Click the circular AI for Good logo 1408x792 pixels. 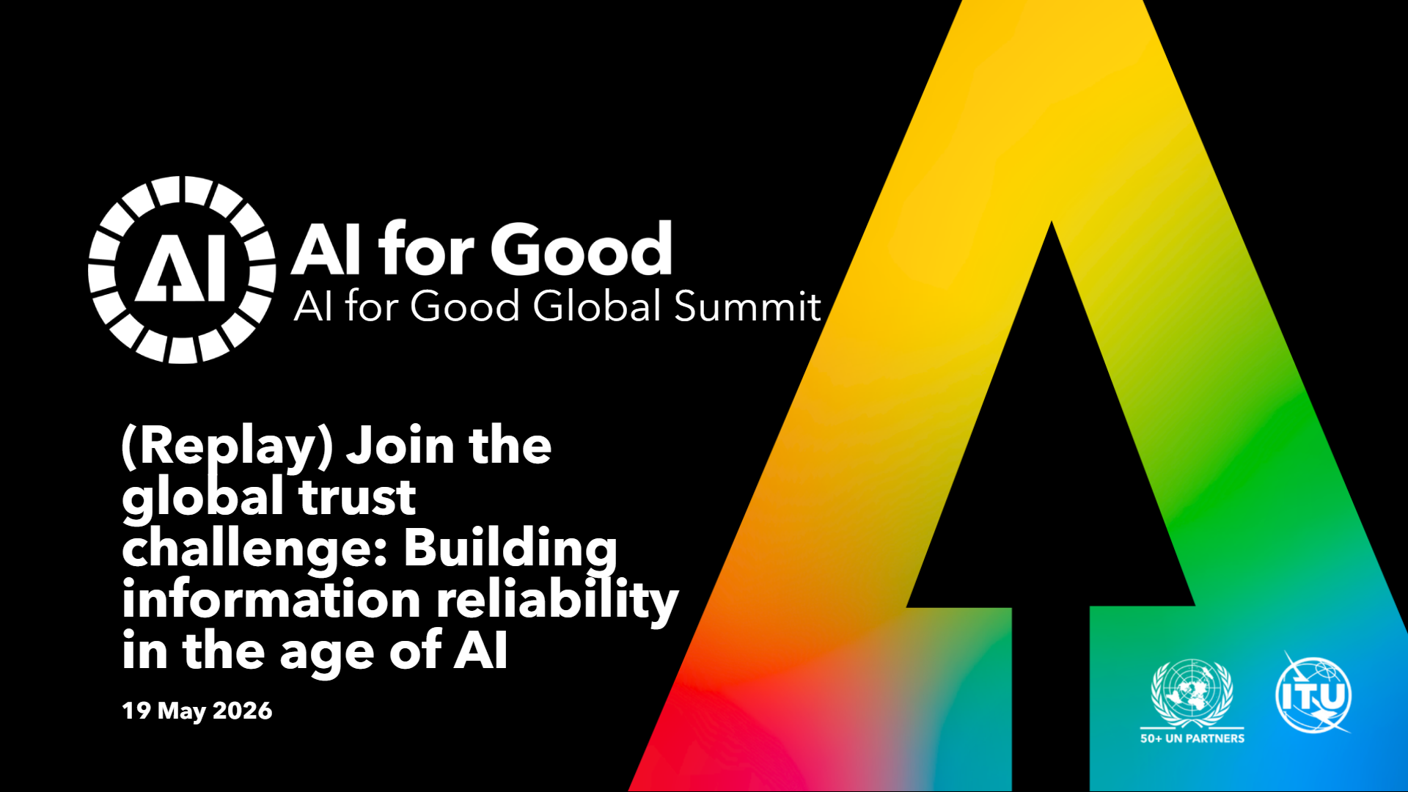182,269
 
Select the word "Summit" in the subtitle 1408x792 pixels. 747,306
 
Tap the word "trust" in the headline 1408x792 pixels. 357,496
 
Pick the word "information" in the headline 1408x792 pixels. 271,599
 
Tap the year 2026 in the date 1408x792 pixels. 242,711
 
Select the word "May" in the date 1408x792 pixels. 182,711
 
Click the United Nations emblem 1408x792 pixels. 1192,693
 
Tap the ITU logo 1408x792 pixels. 1313,693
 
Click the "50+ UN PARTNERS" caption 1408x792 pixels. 1192,738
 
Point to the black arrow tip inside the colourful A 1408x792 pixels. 1052,222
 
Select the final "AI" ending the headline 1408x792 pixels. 480,650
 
